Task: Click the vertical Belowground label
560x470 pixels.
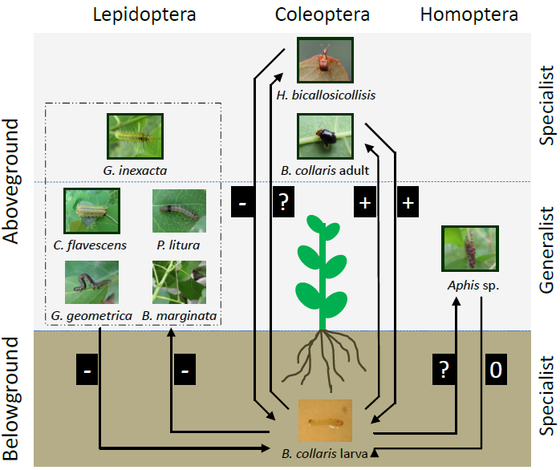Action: pos(13,398)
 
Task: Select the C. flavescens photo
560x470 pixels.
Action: pos(91,211)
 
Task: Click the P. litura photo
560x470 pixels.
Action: pos(179,211)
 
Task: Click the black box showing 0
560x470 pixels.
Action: pos(496,370)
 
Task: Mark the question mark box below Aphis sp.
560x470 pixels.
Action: pos(444,370)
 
